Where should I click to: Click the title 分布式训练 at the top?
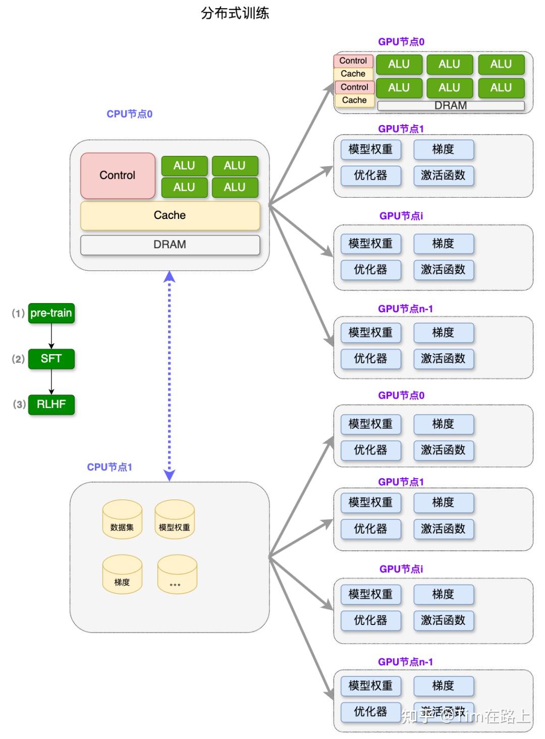(235, 13)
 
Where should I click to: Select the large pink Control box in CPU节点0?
(118, 176)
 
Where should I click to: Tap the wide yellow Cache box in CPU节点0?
(170, 215)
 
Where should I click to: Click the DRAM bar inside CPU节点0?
(170, 245)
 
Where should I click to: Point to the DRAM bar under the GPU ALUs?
(451, 106)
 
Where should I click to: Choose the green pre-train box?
(51, 313)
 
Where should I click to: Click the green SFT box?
(51, 359)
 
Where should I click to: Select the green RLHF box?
(51, 405)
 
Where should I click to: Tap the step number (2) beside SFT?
(18, 359)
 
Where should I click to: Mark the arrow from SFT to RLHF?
(51, 382)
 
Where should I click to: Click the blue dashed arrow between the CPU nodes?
(170, 376)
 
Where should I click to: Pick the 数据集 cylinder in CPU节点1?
(122, 520)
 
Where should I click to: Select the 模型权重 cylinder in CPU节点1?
(175, 520)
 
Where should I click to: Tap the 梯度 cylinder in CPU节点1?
(122, 575)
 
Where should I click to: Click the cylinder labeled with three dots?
(177, 575)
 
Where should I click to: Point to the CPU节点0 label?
(129, 114)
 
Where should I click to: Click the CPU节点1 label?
(110, 467)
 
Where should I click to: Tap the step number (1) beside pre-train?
(18, 313)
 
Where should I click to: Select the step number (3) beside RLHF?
(19, 405)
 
